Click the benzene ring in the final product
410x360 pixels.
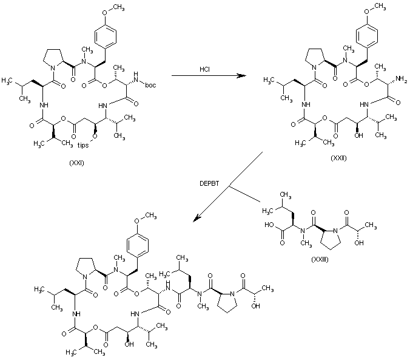tap(138, 248)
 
